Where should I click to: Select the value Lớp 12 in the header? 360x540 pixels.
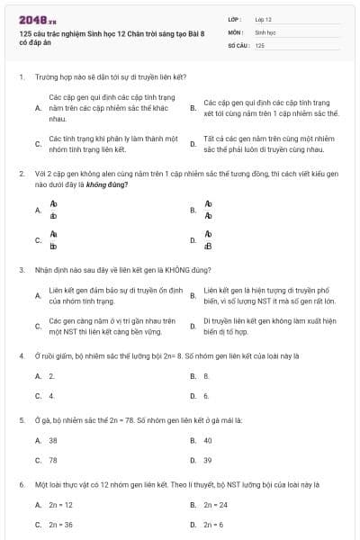[263, 18]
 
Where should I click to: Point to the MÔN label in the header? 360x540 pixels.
[235, 31]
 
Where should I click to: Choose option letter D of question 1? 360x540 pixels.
[193, 144]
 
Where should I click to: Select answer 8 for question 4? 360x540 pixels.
[206, 375]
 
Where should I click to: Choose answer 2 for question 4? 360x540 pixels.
[51, 375]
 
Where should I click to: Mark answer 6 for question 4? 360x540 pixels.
[206, 395]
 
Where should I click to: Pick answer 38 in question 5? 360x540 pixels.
[53, 440]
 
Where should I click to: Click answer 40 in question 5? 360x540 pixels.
[208, 440]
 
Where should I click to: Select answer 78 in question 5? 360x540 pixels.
[53, 460]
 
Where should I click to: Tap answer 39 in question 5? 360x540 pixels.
[208, 460]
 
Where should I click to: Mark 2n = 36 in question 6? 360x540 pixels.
[60, 524]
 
